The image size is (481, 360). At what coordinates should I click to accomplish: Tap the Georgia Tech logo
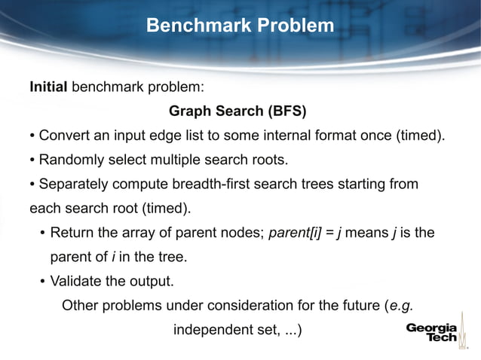tap(432, 333)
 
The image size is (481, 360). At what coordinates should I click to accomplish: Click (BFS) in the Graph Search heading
tap(286, 111)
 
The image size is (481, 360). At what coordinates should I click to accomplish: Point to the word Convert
tap(64, 136)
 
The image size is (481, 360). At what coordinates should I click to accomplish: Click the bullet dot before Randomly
tap(32, 161)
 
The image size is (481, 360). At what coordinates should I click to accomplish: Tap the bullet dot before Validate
tap(43, 282)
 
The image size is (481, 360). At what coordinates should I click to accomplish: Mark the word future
tap(357, 305)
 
